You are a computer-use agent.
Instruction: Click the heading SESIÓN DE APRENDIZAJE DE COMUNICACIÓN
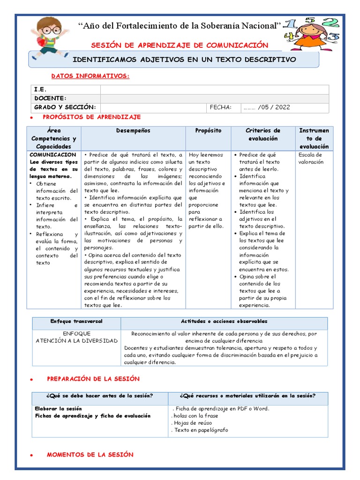180,45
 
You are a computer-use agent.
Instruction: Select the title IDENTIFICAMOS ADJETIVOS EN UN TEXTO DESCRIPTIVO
185,60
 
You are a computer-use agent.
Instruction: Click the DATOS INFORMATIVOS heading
90,76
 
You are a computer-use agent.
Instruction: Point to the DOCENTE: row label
50,98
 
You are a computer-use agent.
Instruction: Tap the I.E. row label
40,89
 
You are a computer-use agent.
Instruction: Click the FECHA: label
221,107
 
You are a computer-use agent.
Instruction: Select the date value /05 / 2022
267,107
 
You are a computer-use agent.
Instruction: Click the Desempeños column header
133,131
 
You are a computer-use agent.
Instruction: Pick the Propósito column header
208,131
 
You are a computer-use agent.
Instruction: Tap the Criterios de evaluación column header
263,135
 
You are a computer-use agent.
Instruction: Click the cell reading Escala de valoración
310,158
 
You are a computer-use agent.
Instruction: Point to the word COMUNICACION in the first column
53,155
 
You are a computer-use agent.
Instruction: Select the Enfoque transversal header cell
76,322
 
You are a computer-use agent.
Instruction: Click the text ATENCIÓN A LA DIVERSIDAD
76,341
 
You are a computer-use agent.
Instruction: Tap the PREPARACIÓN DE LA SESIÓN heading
93,379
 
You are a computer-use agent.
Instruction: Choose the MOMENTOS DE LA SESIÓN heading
90,455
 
